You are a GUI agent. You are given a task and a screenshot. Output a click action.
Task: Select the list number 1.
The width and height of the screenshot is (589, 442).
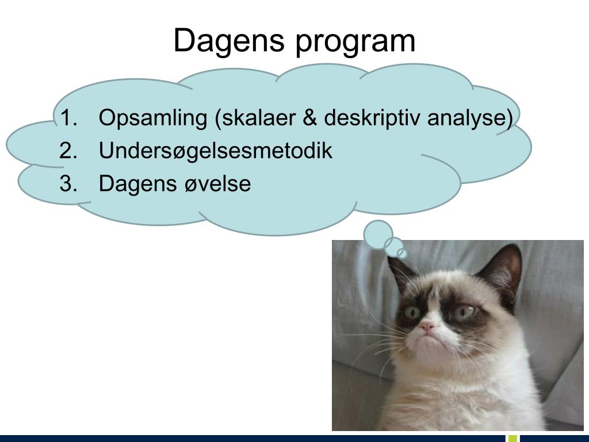tap(68, 118)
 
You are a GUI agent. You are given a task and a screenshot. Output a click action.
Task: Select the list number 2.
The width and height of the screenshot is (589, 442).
tap(68, 151)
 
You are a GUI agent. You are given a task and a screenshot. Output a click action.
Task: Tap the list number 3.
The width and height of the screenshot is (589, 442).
tap(68, 184)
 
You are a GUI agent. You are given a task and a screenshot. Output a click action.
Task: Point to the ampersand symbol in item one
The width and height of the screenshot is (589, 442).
tap(309, 118)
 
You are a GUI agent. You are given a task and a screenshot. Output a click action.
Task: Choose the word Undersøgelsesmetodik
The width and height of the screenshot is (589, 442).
tap(216, 151)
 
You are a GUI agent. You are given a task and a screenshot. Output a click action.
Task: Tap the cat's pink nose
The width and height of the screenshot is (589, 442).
tap(427, 326)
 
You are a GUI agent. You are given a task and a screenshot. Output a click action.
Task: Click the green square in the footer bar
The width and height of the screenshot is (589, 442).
tap(513, 438)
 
